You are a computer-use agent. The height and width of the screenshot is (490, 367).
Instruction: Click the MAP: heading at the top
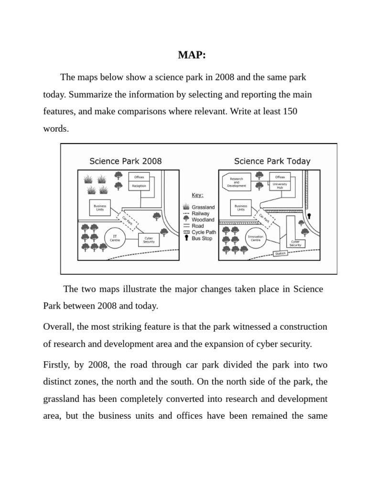192,55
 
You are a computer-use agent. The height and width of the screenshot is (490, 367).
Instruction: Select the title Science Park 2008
126,161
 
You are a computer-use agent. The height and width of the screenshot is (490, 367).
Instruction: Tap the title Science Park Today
272,161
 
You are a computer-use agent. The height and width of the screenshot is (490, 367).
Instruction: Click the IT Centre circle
115,238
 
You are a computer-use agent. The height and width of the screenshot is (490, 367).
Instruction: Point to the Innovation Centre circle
256,238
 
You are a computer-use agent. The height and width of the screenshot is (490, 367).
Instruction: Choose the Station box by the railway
280,254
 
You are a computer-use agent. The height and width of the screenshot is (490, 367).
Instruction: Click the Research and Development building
237,182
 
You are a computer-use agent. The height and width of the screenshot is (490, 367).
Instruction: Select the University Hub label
280,186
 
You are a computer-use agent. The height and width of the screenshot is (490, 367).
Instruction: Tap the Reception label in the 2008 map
139,186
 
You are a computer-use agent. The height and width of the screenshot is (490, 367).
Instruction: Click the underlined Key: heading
197,195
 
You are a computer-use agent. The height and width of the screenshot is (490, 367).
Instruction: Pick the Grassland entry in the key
203,207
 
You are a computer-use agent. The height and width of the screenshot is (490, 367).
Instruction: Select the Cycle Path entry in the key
204,232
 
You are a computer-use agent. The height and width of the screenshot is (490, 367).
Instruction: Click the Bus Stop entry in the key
202,238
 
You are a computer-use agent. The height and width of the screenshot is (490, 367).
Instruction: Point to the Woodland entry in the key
203,220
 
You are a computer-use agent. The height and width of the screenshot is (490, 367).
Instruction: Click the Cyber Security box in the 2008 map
149,240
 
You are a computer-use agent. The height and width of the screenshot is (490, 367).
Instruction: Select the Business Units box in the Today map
241,208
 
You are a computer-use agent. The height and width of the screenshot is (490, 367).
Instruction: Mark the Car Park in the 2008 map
128,221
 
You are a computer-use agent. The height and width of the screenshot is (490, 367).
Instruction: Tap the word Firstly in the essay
56,365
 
